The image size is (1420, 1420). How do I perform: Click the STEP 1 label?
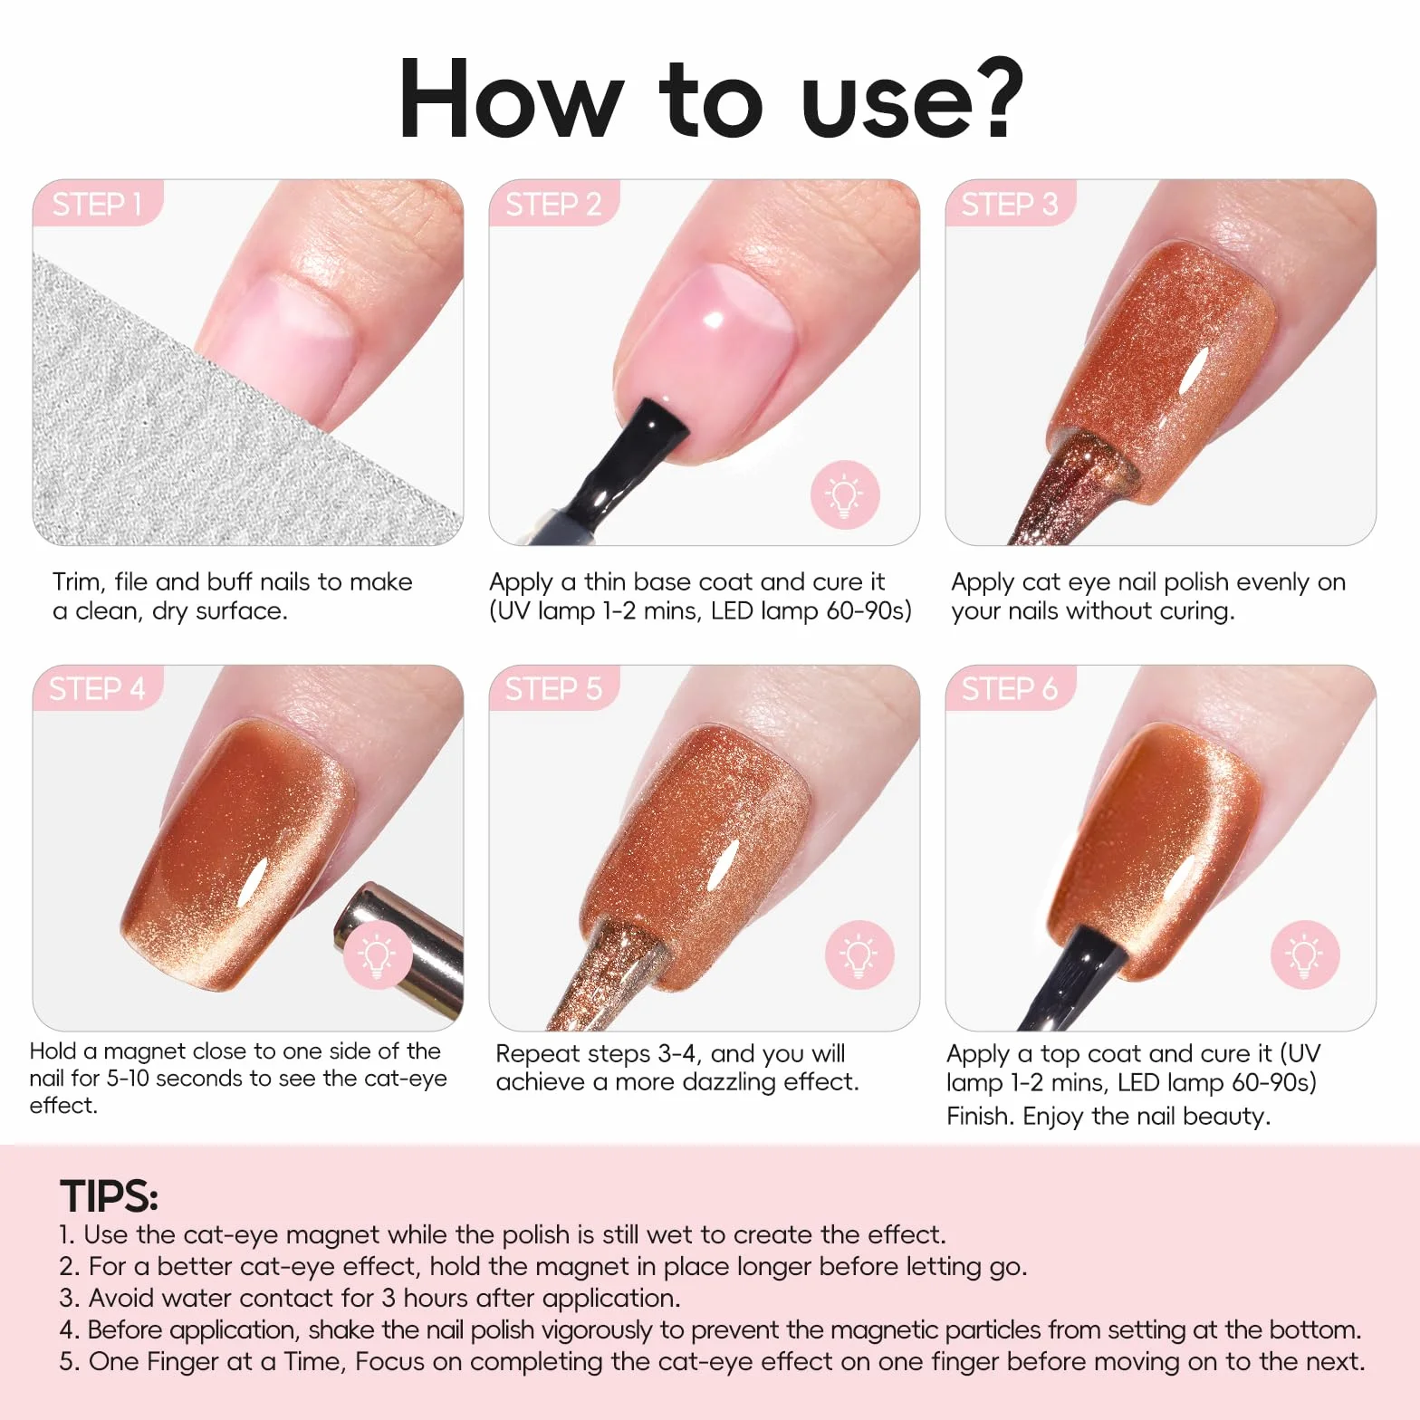pos(97,205)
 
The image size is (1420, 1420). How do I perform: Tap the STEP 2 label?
pos(553,205)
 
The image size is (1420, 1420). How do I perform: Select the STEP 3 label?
pos(1010,205)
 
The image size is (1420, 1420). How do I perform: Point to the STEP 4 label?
pos(97,689)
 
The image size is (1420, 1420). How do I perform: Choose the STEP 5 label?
pos(553,689)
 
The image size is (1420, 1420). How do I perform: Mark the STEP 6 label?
pos(1010,689)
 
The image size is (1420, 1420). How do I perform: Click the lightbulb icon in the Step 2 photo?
pos(845,494)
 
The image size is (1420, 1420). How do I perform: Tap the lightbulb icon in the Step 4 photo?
pos(378,955)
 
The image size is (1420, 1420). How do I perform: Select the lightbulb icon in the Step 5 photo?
pos(859,955)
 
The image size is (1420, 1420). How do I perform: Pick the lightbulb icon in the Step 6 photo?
pos(1304,955)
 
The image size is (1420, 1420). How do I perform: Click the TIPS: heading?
pos(109,1196)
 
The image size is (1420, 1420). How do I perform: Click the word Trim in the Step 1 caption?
pos(76,581)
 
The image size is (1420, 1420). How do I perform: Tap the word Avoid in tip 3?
pos(120,1298)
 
